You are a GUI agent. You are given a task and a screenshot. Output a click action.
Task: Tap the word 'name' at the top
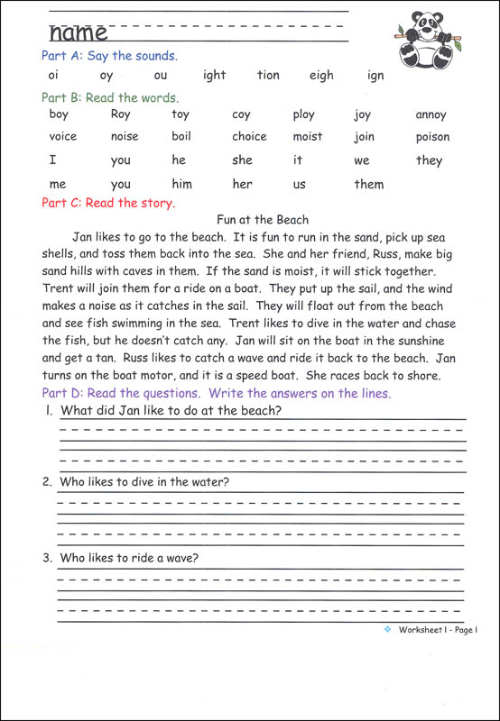coord(78,33)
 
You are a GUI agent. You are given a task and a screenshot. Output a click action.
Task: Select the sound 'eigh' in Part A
coord(320,76)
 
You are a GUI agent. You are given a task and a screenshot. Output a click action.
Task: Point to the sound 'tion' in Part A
coord(268,76)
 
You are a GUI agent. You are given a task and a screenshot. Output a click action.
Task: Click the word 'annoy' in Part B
coord(431,114)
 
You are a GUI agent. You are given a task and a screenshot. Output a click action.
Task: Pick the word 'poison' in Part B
coord(432,137)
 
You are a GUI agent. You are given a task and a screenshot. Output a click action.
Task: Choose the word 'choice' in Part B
coord(249,137)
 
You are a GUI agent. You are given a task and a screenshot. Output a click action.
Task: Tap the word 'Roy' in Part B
coord(120,114)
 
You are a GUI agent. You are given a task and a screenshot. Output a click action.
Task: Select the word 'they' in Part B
coord(429,160)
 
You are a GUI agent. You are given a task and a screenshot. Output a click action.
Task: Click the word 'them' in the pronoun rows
coord(368,185)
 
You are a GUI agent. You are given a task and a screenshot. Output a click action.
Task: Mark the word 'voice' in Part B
coord(62,137)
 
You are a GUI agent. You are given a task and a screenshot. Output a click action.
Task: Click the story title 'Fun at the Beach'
coord(263,219)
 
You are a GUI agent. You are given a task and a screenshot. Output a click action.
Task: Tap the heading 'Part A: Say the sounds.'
coord(109,56)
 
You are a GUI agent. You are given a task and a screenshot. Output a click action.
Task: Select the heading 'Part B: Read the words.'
coord(110,97)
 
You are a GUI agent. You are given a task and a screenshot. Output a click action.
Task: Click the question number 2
coord(47,482)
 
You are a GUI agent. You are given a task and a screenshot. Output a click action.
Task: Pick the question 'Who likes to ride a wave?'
coord(129,558)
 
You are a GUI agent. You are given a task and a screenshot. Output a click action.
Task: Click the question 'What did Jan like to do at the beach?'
coord(171,411)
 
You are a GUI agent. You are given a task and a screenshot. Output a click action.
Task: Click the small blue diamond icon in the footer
coord(386,629)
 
